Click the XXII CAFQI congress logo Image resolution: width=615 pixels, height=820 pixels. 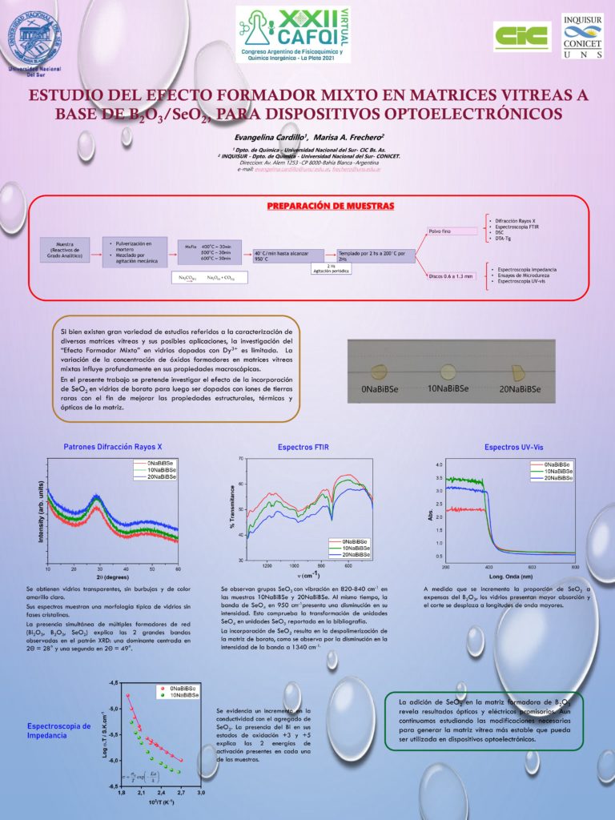click(x=293, y=36)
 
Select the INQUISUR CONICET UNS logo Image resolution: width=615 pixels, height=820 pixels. click(x=583, y=37)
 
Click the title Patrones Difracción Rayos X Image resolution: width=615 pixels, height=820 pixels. click(x=112, y=447)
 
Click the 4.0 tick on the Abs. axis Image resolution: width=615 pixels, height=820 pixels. click(x=438, y=464)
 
